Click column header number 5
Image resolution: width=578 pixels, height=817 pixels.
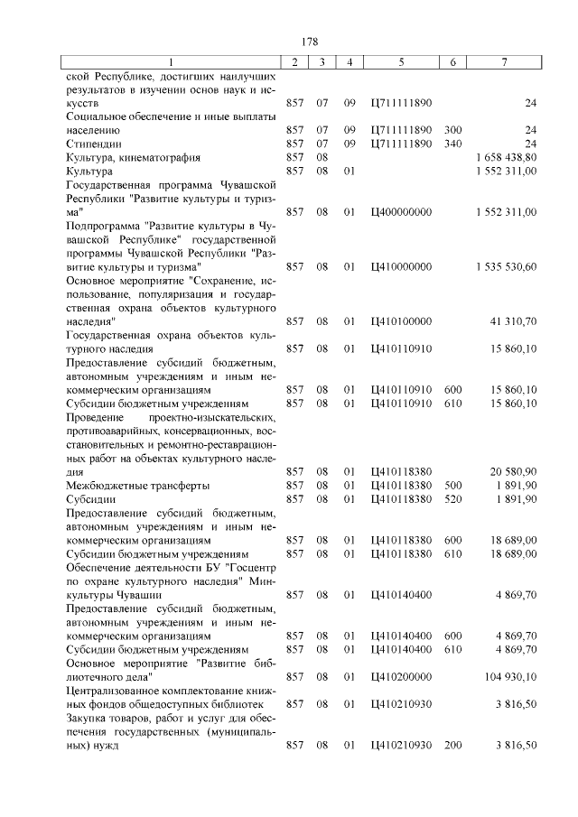click(x=401, y=61)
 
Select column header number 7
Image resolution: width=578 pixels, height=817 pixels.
click(x=505, y=61)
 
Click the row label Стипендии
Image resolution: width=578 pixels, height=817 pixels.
click(x=94, y=144)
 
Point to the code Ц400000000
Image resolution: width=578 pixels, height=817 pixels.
click(x=401, y=212)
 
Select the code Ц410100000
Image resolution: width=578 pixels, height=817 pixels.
click(x=401, y=320)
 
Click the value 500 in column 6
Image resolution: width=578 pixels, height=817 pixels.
click(x=452, y=485)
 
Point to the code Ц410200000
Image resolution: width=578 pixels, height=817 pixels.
click(x=401, y=676)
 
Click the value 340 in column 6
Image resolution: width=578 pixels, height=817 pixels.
click(x=452, y=144)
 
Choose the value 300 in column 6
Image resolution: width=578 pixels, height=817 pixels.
click(x=452, y=130)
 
